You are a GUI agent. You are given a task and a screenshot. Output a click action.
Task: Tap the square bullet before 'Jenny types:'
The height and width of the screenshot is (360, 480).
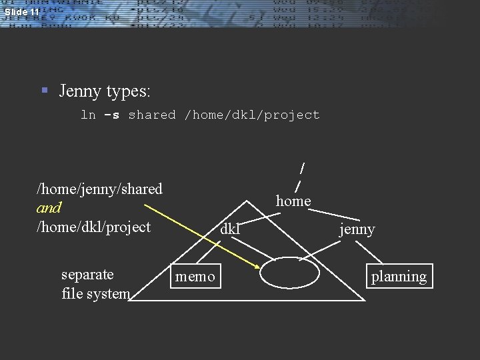click(45, 89)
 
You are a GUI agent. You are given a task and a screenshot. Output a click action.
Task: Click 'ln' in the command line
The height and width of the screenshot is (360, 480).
click(88, 115)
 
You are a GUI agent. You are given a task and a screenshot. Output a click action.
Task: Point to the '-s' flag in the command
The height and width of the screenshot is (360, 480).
click(111, 115)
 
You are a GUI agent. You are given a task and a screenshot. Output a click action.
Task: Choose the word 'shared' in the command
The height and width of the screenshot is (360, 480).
click(152, 115)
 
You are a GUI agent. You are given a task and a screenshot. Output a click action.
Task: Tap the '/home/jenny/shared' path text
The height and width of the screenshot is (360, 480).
click(99, 189)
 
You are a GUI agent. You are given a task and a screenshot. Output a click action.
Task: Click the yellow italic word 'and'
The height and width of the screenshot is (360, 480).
click(49, 207)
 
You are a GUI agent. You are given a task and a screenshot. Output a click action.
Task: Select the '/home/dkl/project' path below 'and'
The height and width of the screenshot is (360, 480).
click(93, 227)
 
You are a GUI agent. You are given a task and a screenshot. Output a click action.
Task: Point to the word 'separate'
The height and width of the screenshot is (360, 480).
click(87, 274)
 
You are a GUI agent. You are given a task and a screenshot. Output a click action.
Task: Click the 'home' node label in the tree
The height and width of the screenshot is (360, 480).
click(293, 201)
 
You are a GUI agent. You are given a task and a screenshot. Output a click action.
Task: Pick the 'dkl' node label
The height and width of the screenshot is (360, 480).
click(230, 229)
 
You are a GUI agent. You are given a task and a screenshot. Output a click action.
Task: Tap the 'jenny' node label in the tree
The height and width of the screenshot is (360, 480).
click(357, 229)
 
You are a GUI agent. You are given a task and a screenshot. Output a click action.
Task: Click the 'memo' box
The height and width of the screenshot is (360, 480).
click(195, 276)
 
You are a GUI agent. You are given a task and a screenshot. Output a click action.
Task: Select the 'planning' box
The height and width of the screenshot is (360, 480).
click(399, 276)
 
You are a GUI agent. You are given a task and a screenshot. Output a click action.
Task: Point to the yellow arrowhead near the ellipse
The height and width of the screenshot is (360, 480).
click(257, 266)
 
